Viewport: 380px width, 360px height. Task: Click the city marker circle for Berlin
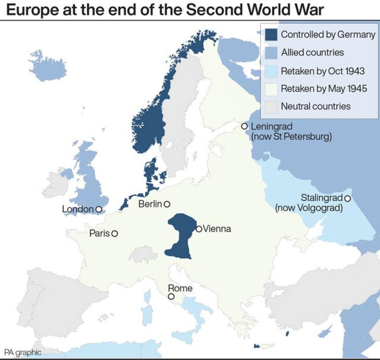coord(167,204)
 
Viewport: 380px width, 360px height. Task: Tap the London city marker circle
coord(98,209)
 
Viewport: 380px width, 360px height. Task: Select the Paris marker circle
coord(114,234)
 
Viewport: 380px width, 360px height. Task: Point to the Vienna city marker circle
coord(199,229)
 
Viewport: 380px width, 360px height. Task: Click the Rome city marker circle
coord(171,296)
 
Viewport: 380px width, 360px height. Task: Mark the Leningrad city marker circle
coord(244,126)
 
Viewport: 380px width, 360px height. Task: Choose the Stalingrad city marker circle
coord(347,198)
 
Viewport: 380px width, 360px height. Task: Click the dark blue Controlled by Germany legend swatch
coord(271,34)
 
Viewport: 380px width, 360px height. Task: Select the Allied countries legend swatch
coord(271,52)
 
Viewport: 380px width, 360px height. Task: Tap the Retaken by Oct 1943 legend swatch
coord(271,71)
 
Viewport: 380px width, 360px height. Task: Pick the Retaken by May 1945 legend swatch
coord(271,88)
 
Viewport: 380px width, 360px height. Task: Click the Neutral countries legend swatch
coord(271,106)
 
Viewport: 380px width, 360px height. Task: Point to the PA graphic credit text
coord(22,353)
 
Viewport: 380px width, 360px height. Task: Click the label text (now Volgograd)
coord(309,208)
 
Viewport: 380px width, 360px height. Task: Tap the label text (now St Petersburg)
coord(291,136)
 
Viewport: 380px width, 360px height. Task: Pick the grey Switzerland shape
coord(143,254)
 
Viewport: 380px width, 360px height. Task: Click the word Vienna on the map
coord(217,229)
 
